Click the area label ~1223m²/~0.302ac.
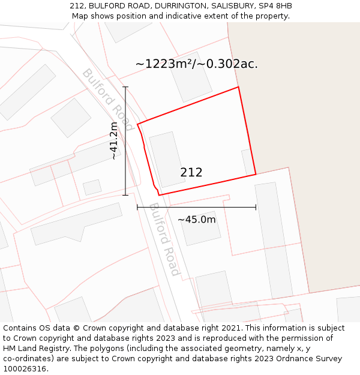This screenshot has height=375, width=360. pos(196,64)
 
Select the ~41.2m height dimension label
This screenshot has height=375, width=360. pos(113,140)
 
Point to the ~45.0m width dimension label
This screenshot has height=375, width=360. pos(196,220)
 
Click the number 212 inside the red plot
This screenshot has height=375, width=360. pos(191,173)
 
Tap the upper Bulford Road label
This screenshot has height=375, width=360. pos(107,99)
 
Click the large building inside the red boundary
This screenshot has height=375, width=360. pos(167,160)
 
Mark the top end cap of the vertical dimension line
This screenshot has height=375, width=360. pos(125,87)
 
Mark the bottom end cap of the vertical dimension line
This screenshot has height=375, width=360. pos(125,195)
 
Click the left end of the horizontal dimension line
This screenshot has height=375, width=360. pos(137,208)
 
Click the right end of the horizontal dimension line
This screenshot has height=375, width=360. pos(256,208)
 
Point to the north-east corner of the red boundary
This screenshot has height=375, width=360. pos(238,87)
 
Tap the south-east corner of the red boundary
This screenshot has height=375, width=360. pos(256,174)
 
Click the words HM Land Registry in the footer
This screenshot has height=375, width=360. pos(32,349)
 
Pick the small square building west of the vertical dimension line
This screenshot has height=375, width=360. pos(92,187)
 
